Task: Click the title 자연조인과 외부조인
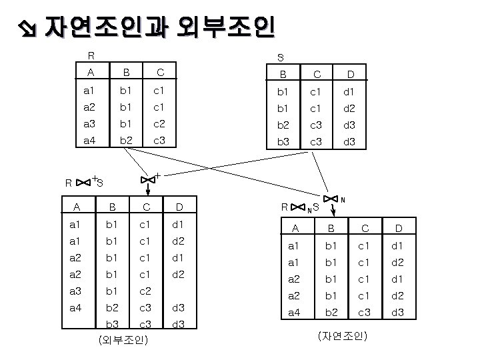click(x=160, y=27)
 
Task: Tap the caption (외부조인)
click(x=123, y=341)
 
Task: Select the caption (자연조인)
click(x=343, y=335)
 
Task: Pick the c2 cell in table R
click(x=158, y=123)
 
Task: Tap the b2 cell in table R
click(x=125, y=141)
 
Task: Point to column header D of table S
click(x=349, y=74)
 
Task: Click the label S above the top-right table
click(x=281, y=57)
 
